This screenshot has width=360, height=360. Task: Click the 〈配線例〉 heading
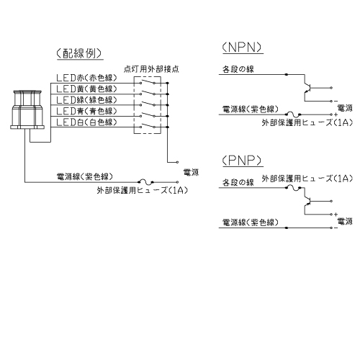pyautogui.click(x=79, y=53)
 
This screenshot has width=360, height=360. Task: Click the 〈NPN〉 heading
pyautogui.click(x=242, y=48)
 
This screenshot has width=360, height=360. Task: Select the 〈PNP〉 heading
pyautogui.click(x=242, y=161)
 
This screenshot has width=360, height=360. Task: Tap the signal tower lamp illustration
pyautogui.click(x=27, y=109)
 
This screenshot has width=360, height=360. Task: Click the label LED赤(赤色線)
pyautogui.click(x=86, y=78)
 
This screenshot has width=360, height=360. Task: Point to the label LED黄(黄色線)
pyautogui.click(x=86, y=89)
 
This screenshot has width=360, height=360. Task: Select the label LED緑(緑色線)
pyautogui.click(x=86, y=100)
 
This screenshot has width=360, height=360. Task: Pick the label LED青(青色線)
pyautogui.click(x=86, y=111)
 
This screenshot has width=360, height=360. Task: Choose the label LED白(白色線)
pyautogui.click(x=86, y=122)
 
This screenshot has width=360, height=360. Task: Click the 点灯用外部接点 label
pyautogui.click(x=151, y=69)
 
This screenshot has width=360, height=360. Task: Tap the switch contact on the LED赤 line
pyautogui.click(x=148, y=81)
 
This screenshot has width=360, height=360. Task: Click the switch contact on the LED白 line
pyautogui.click(x=148, y=126)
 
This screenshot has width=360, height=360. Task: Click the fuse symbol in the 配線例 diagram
pyautogui.click(x=145, y=182)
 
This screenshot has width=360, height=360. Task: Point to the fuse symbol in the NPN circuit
pyautogui.click(x=293, y=114)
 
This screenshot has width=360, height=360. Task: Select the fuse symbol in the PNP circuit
pyautogui.click(x=293, y=188)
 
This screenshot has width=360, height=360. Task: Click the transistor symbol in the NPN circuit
pyautogui.click(x=307, y=88)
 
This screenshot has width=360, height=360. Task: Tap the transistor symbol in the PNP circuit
pyautogui.click(x=307, y=201)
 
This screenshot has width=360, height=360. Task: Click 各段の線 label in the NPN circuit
pyautogui.click(x=238, y=69)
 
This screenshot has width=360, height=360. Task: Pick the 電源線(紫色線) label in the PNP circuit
pyautogui.click(x=251, y=222)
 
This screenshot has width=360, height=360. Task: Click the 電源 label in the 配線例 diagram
pyautogui.click(x=191, y=172)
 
